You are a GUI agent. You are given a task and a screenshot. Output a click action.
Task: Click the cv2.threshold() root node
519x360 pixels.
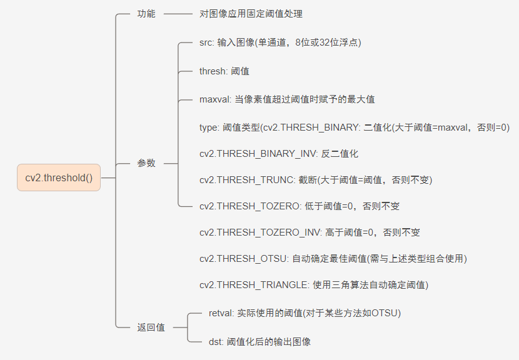click(59, 177)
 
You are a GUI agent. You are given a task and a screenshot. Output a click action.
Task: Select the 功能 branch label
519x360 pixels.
click(146, 14)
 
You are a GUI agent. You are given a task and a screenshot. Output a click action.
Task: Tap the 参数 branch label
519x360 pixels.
click(146, 163)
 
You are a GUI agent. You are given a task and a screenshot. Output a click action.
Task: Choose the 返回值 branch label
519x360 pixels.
click(151, 327)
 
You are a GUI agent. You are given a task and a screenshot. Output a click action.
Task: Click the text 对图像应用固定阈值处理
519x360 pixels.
click(251, 14)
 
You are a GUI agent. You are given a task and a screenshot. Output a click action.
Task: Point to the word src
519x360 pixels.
click(206, 42)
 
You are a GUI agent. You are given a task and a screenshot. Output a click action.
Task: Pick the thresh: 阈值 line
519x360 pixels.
click(224, 71)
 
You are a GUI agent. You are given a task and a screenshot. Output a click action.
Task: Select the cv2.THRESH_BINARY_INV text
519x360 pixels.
click(258, 153)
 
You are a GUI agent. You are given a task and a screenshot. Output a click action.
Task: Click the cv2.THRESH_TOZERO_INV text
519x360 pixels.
click(259, 232)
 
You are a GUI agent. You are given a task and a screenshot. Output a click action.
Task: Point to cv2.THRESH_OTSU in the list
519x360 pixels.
click(243, 258)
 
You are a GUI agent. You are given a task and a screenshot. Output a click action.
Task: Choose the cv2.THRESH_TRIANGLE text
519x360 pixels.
click(252, 284)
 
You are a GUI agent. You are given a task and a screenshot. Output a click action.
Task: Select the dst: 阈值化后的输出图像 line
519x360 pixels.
click(259, 342)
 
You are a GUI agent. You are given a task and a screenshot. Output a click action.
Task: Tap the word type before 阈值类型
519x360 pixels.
click(209, 127)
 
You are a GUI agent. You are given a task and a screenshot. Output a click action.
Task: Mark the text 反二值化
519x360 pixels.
click(340, 153)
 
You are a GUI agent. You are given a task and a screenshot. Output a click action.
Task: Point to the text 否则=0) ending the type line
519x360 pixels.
click(493, 127)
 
